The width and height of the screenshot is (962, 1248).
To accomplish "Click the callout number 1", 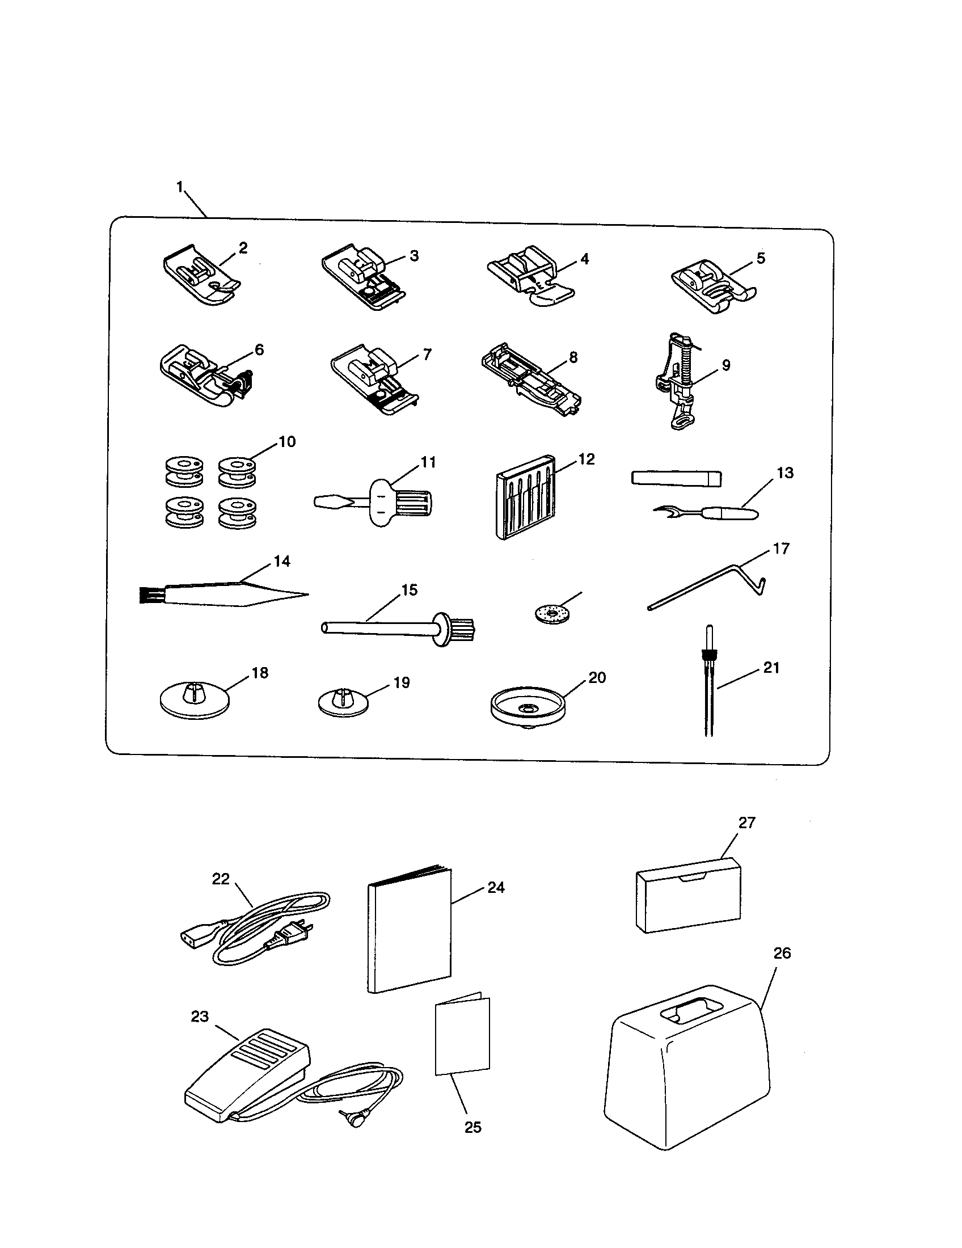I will (180, 187).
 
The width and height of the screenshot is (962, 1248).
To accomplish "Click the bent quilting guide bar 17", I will (708, 586).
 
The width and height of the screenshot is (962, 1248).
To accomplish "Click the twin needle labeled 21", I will (710, 686).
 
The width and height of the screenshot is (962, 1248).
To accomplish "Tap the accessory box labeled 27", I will (689, 901).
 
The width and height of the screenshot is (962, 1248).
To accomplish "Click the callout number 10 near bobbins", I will (287, 442).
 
